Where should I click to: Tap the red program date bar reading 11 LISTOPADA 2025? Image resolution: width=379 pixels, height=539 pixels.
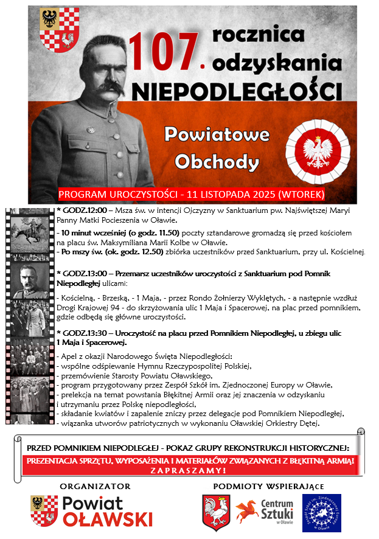[192, 195]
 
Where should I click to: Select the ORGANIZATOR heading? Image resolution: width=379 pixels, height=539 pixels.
[96, 486]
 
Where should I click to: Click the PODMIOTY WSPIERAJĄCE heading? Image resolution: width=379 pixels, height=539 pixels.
[269, 486]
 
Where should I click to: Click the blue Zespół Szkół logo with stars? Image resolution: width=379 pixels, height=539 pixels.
[321, 513]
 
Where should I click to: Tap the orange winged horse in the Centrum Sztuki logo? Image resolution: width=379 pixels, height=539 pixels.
[248, 512]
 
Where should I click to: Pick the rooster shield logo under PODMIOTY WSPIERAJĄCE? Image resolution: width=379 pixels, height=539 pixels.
[216, 513]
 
